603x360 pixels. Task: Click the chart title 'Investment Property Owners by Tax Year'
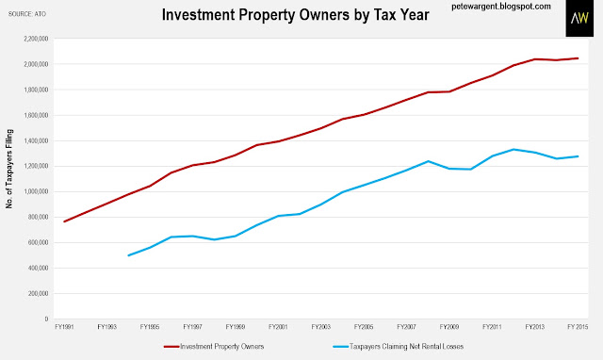point(295,15)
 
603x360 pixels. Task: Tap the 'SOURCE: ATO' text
point(27,14)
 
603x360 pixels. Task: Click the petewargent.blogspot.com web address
point(501,7)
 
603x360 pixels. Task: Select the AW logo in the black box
point(579,18)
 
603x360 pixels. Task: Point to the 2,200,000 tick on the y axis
point(36,39)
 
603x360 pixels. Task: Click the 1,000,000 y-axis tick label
point(36,191)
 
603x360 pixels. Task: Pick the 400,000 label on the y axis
point(38,268)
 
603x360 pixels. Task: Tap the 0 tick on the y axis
point(46,319)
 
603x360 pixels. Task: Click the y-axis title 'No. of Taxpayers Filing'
point(9,169)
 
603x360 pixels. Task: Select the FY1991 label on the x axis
point(64,327)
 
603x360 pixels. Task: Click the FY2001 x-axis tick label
point(278,327)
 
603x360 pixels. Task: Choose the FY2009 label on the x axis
point(449,327)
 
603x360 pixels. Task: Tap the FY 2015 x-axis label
point(578,327)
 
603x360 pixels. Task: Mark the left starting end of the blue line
point(128,255)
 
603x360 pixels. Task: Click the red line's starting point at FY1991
point(64,221)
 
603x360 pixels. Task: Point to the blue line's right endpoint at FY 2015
point(578,156)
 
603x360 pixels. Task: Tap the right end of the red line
point(578,58)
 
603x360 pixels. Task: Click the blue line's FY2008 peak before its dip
point(428,161)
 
